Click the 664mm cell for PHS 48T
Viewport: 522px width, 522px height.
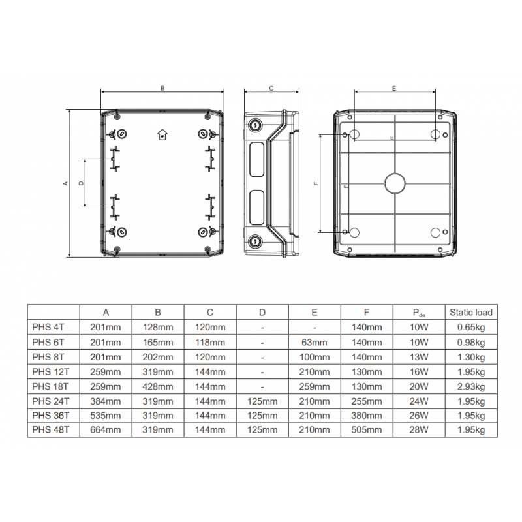(x=106, y=430)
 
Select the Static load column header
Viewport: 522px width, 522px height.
(x=470, y=313)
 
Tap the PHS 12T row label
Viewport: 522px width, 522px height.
(x=51, y=371)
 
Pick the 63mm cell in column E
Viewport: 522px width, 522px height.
(x=315, y=342)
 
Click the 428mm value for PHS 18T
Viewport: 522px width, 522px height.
(x=158, y=386)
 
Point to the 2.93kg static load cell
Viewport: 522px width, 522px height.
(x=470, y=386)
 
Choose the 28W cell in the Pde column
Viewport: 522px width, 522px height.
(x=419, y=430)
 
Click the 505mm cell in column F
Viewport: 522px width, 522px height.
(x=367, y=430)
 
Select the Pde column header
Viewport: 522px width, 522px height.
(x=419, y=313)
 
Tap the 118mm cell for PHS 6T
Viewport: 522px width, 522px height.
(x=210, y=342)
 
